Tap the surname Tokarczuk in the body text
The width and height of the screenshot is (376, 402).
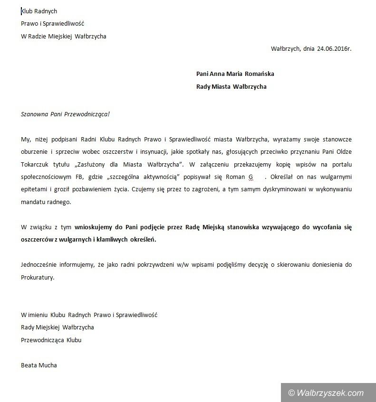36,164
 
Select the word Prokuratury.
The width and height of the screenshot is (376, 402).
38,278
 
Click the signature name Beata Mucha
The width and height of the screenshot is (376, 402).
39,365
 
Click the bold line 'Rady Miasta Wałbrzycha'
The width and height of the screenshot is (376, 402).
231,86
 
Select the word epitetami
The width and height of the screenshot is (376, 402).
35,189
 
